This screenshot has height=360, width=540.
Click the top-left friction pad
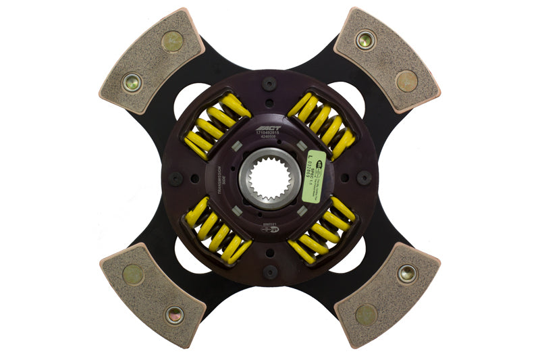[151, 61]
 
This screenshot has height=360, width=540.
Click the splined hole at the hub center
[269, 179]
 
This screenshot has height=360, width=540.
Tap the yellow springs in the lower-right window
[323, 230]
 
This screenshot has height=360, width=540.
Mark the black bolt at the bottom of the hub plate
[270, 272]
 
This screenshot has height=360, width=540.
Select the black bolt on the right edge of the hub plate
[364, 178]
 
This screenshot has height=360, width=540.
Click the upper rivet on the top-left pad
[172, 41]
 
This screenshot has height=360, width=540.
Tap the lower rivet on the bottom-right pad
[367, 315]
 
